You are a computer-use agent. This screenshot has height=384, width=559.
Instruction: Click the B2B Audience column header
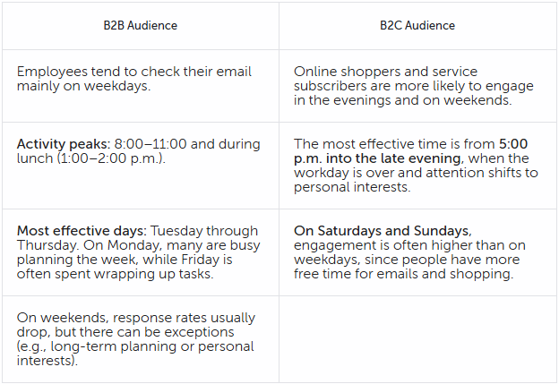pyautogui.click(x=140, y=26)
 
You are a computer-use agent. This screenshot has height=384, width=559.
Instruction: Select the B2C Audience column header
pyautogui.click(x=417, y=26)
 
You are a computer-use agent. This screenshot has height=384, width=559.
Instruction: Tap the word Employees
pyautogui.click(x=52, y=73)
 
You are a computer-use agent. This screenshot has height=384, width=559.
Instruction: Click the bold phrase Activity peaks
pyautogui.click(x=64, y=144)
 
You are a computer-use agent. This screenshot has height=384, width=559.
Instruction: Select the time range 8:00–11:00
pyautogui.click(x=150, y=144)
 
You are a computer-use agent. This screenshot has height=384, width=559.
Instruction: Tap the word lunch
pyautogui.click(x=35, y=158)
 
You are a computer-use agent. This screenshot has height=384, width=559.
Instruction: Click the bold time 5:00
pyautogui.click(x=513, y=144)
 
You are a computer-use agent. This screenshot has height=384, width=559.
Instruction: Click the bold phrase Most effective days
pyautogui.click(x=82, y=231)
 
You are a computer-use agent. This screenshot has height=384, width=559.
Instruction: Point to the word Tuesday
pyautogui.click(x=176, y=232)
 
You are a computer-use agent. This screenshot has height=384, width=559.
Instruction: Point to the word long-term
pyautogui.click(x=83, y=347)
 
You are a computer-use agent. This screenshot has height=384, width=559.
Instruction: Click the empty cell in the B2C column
pyautogui.click(x=417, y=339)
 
